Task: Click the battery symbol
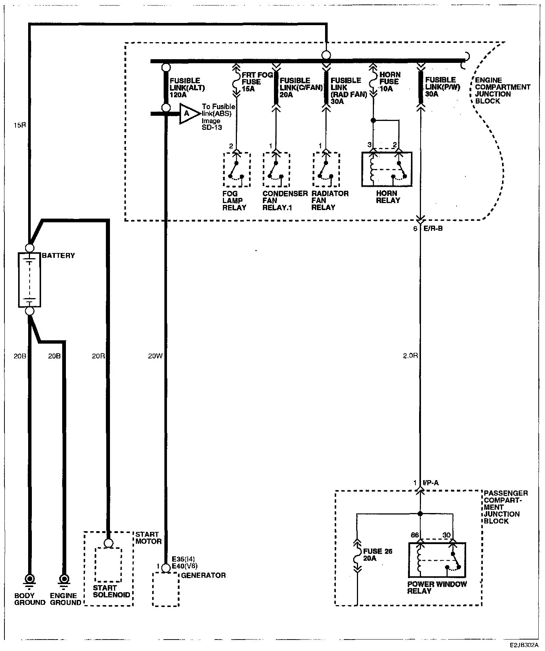click(x=30, y=280)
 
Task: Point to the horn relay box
click(x=387, y=169)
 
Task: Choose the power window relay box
click(x=437, y=560)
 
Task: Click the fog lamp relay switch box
click(x=237, y=170)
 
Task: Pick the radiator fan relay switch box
click(x=326, y=170)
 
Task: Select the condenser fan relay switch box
click(x=277, y=170)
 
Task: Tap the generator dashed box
click(x=166, y=589)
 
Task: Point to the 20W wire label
click(x=155, y=356)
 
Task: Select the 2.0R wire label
click(x=410, y=356)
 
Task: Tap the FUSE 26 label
click(x=378, y=551)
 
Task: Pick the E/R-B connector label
click(x=433, y=229)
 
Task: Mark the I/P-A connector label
click(x=431, y=483)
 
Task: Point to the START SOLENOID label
click(x=111, y=591)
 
